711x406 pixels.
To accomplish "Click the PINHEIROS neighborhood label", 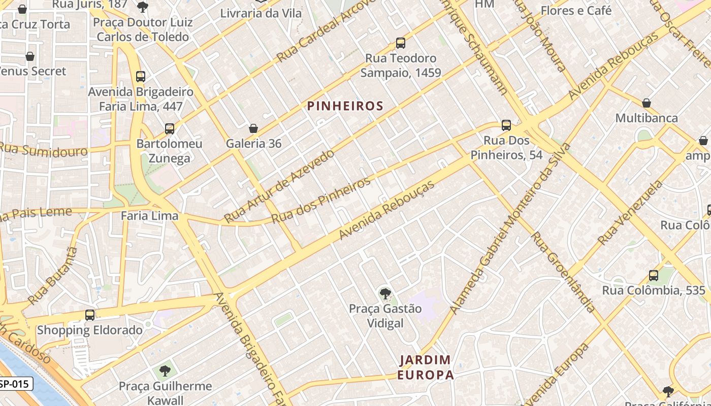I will click(x=345, y=106).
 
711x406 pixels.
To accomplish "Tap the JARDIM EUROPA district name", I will click(x=425, y=367).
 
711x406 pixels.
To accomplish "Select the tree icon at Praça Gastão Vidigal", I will click(x=385, y=293).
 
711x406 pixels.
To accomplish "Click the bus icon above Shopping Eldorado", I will click(x=90, y=315).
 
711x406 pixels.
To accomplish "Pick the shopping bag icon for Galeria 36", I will click(x=253, y=129).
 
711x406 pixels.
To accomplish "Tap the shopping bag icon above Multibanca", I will click(x=647, y=104).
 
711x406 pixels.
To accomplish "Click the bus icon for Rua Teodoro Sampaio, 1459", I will click(x=401, y=43).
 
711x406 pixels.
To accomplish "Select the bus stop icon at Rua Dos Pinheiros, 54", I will click(x=506, y=125).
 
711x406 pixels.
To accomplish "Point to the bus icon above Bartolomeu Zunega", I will click(x=170, y=129).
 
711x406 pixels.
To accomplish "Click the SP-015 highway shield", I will click(x=16, y=384).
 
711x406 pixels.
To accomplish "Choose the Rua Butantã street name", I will click(x=53, y=276).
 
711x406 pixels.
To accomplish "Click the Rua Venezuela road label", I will click(x=631, y=213).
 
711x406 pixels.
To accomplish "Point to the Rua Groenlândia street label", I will click(x=563, y=272).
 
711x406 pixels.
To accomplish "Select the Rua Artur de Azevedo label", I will click(x=279, y=186).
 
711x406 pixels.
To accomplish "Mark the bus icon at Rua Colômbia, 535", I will click(x=654, y=276).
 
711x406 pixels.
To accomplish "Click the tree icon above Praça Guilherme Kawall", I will click(x=165, y=371).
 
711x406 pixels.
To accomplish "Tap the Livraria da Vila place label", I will click(x=261, y=13).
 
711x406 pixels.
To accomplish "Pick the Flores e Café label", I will click(x=576, y=11).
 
